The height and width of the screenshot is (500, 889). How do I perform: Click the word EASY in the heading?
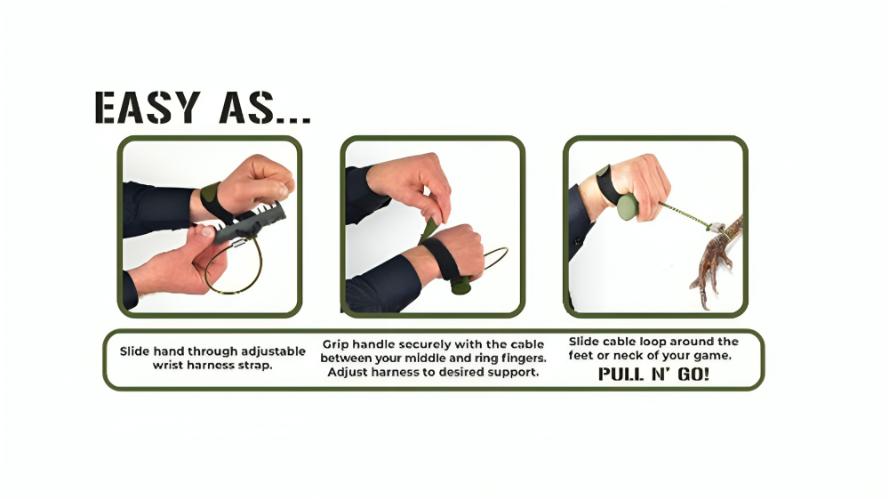pyautogui.click(x=148, y=108)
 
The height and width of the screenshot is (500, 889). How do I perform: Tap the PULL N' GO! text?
pyautogui.click(x=653, y=375)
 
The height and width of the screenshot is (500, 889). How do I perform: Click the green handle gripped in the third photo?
pyautogui.click(x=629, y=207)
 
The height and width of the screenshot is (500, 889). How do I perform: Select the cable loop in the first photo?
pyautogui.click(x=234, y=268)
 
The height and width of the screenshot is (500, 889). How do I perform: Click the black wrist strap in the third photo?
pyautogui.click(x=606, y=183)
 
